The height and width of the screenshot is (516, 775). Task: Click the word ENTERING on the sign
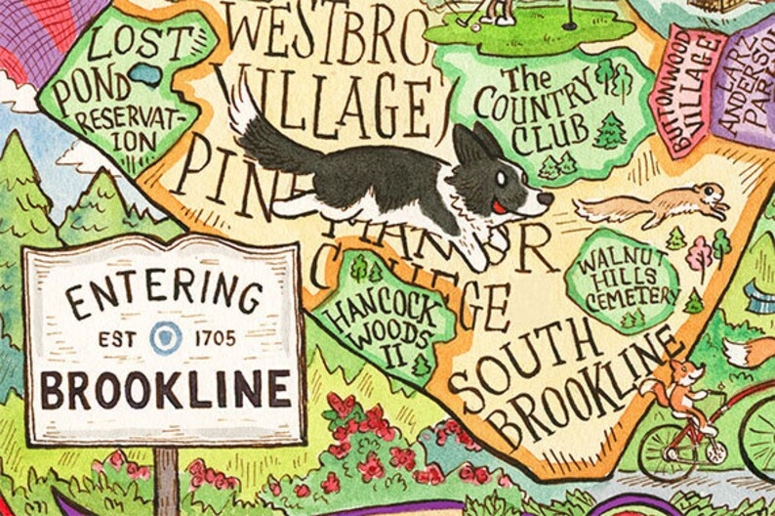pos(163,292)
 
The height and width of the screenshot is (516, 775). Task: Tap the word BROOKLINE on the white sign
pos(164,388)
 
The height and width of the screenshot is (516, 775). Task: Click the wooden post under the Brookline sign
pos(167,479)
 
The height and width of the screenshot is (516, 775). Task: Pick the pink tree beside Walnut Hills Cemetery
pos(699,255)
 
